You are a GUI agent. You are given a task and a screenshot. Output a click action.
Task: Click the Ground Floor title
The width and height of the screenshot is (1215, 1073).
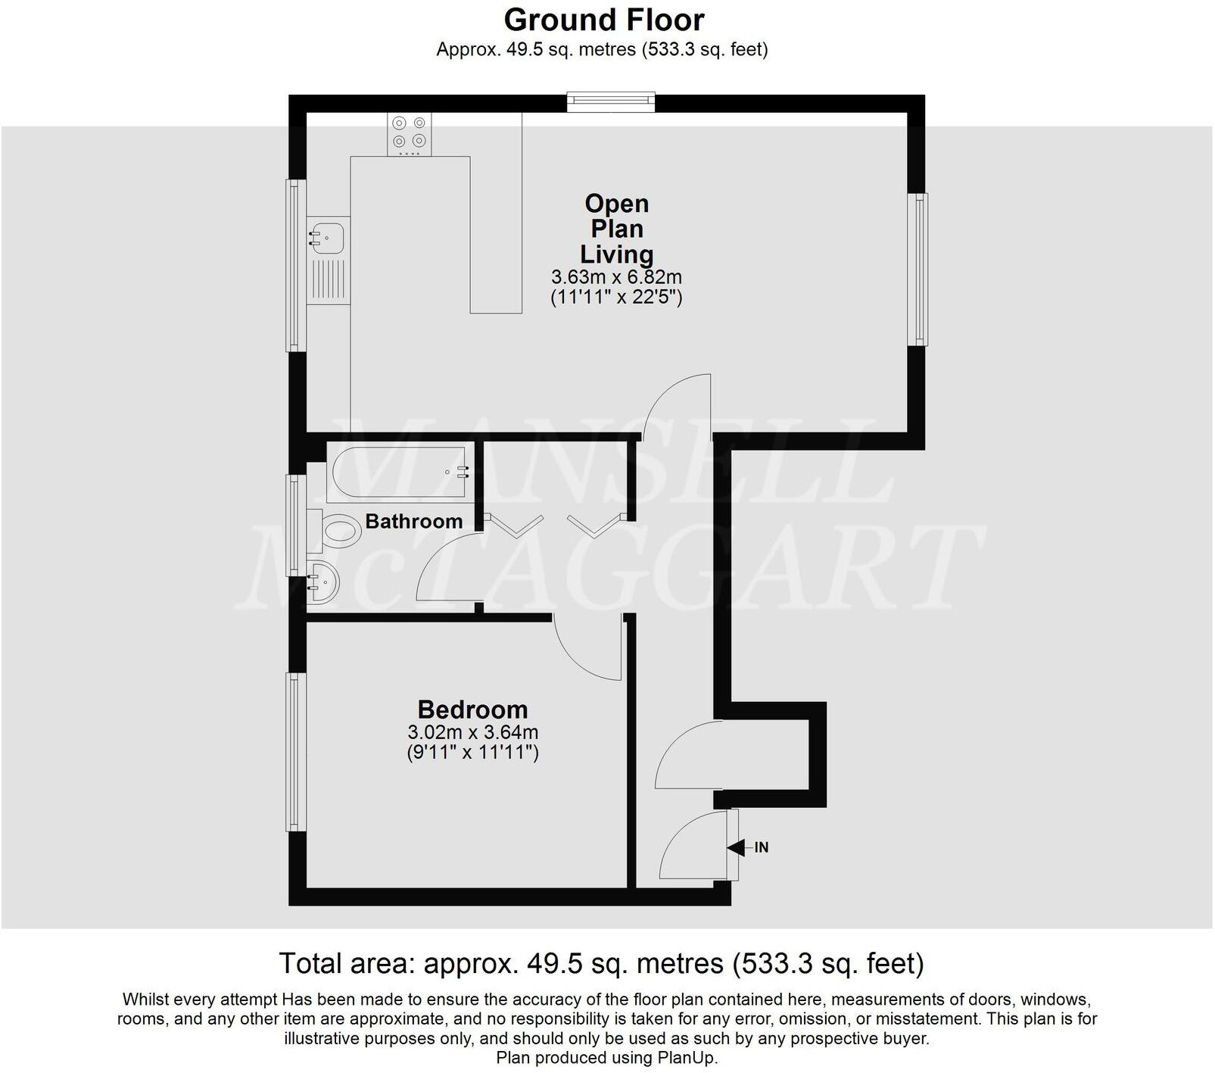click(x=603, y=20)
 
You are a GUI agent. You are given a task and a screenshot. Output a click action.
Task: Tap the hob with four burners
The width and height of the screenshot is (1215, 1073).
click(x=409, y=134)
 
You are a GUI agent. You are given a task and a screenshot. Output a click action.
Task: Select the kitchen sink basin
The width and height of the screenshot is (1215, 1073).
click(x=326, y=236)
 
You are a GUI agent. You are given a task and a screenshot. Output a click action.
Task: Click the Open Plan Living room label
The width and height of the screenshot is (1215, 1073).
click(x=616, y=229)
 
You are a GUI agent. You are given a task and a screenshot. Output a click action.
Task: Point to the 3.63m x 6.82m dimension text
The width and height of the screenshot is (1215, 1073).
click(x=616, y=277)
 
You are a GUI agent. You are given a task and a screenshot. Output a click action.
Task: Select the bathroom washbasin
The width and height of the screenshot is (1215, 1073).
click(x=324, y=582)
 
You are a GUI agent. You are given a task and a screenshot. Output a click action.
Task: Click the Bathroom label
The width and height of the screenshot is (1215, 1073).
click(x=413, y=522)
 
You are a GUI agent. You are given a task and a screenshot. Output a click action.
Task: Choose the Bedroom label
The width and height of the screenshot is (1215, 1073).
click(x=472, y=710)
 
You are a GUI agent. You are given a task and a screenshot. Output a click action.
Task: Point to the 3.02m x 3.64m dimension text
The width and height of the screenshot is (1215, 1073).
click(x=472, y=732)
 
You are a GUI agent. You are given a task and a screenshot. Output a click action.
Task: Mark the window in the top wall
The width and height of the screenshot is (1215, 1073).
click(x=611, y=101)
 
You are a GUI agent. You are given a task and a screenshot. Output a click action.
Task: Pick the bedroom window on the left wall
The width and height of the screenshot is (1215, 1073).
click(x=295, y=752)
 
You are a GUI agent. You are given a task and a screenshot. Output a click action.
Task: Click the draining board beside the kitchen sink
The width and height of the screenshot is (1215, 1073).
click(x=328, y=280)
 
